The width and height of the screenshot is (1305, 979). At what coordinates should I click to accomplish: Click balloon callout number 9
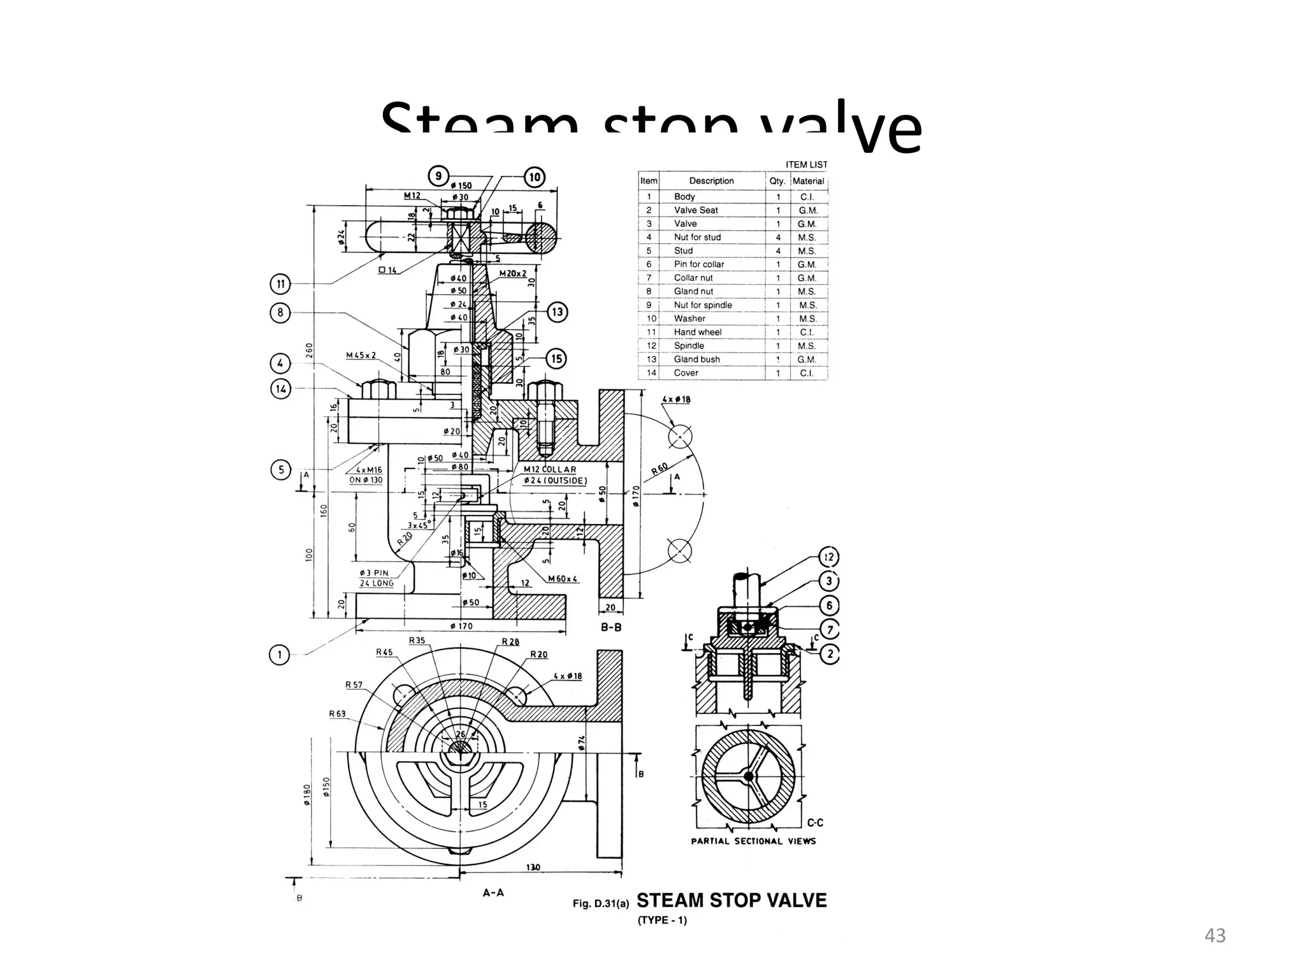point(438,177)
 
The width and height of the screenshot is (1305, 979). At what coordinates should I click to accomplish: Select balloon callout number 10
point(535,177)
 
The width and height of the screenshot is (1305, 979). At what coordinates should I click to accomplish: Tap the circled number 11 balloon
point(280,284)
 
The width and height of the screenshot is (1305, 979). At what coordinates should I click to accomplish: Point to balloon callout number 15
point(556,359)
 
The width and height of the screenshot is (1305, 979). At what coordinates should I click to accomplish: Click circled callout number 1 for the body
point(279,655)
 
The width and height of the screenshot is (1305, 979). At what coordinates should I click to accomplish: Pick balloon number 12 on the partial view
point(829,557)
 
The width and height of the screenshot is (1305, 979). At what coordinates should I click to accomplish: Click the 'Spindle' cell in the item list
point(689,345)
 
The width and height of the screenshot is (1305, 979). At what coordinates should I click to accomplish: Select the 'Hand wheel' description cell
point(698,332)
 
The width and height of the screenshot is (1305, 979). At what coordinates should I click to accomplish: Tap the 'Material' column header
point(808,181)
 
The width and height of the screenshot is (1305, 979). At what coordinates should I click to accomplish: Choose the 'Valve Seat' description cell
point(696,210)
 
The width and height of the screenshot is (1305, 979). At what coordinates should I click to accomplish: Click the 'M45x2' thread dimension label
point(361,355)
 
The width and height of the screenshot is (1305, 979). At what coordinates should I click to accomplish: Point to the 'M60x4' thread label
point(563,579)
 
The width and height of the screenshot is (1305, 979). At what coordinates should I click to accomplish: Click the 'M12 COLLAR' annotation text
point(549,469)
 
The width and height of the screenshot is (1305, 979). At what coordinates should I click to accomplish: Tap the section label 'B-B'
point(611,627)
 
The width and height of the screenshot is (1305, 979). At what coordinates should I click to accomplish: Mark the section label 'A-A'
point(493,893)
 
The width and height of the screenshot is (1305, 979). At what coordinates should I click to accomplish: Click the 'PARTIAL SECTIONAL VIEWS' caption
point(753,841)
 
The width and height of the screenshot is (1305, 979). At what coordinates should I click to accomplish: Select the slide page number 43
point(1215,936)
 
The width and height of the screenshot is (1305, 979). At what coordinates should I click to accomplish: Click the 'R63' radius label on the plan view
point(337,714)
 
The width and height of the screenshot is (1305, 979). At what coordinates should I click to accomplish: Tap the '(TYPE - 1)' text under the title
point(662,920)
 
